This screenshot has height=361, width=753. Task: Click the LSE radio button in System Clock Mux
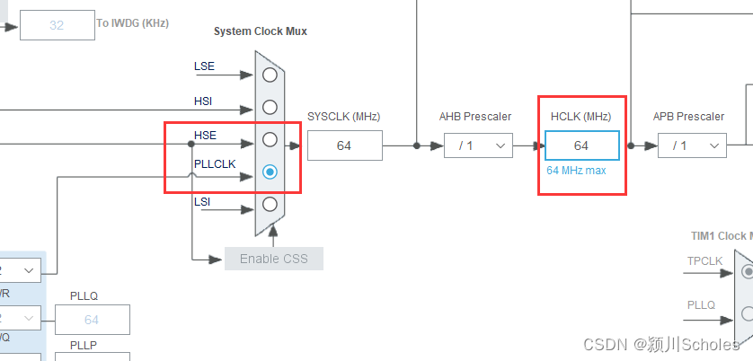[x=270, y=75]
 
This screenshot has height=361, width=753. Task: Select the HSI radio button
[x=270, y=108]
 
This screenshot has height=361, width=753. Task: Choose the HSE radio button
[x=270, y=140]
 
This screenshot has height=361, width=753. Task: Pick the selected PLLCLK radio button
[x=270, y=172]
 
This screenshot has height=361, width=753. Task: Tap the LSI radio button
[x=270, y=203]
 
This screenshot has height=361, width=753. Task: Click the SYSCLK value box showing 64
[x=344, y=145]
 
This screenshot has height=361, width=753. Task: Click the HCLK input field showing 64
[x=581, y=145]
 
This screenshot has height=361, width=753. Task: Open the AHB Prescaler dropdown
[x=479, y=145]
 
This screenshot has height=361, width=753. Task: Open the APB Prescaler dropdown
[x=692, y=145]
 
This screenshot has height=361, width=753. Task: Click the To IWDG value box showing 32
[x=57, y=25]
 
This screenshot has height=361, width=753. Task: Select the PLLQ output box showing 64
[x=92, y=320]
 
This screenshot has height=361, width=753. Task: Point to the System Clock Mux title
[x=260, y=31]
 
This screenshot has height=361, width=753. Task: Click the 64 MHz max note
[x=576, y=170]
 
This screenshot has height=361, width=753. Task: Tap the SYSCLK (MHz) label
[x=343, y=117]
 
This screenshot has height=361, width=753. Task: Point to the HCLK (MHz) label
[x=581, y=117]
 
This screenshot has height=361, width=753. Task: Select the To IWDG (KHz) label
[x=132, y=23]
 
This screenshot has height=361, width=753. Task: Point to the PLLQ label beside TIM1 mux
[x=701, y=305]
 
